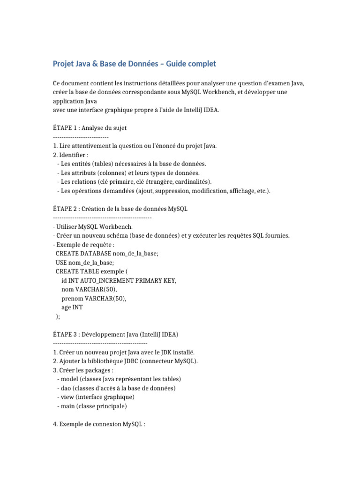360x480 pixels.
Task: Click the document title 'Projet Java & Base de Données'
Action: click(135, 64)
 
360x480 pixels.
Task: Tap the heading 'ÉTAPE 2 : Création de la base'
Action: click(120, 209)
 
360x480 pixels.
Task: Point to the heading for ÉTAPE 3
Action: click(116, 334)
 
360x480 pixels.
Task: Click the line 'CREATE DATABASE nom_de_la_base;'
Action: click(107, 254)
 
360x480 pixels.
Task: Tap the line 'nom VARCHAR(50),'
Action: click(89, 289)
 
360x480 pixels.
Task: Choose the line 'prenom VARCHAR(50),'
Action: click(94, 298)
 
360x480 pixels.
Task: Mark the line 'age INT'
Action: click(72, 307)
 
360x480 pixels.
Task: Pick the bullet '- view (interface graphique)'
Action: click(95, 397)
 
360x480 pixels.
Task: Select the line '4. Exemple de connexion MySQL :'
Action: click(99, 424)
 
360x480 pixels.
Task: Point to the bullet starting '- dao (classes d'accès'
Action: click(116, 388)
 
